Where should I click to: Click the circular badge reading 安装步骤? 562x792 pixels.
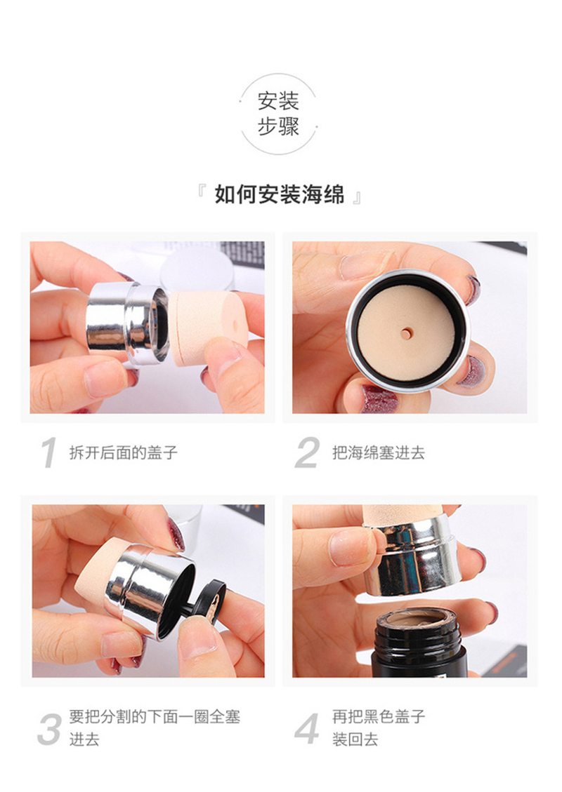pos(278,114)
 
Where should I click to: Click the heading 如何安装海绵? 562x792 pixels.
pos(279,194)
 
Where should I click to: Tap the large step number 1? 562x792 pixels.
pos(49,452)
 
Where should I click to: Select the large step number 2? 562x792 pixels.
pos(307,452)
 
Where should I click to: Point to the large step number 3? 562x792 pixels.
pos(50,729)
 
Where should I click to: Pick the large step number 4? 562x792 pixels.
pos(307,729)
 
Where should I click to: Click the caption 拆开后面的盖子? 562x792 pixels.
pos(124,452)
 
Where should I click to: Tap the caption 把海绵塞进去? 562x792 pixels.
pos(379,452)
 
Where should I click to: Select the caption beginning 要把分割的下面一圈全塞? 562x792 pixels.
pos(155,728)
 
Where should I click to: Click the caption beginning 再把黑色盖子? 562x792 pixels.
pos(379,728)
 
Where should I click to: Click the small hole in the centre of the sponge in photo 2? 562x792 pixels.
pos(405,333)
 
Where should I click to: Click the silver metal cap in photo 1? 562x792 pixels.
pos(126,322)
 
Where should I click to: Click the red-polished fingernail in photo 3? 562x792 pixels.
pos(176,533)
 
